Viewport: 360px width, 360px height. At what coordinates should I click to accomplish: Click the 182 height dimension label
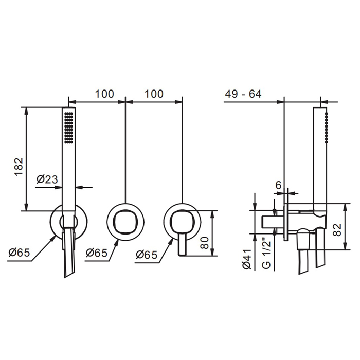coord(19,167)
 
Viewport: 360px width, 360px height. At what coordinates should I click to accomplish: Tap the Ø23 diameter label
coord(47,179)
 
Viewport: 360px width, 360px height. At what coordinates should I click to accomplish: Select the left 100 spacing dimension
coord(104,94)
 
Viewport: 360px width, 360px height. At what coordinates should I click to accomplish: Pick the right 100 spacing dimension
coord(154,94)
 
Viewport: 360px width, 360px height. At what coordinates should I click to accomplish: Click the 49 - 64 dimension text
coord(243,94)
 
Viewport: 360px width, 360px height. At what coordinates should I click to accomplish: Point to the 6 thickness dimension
coord(278,185)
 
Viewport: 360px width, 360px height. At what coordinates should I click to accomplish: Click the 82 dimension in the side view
coord(337,230)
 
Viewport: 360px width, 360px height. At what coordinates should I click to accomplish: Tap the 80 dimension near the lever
coord(205,243)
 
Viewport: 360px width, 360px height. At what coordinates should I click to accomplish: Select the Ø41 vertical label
coord(247,259)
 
